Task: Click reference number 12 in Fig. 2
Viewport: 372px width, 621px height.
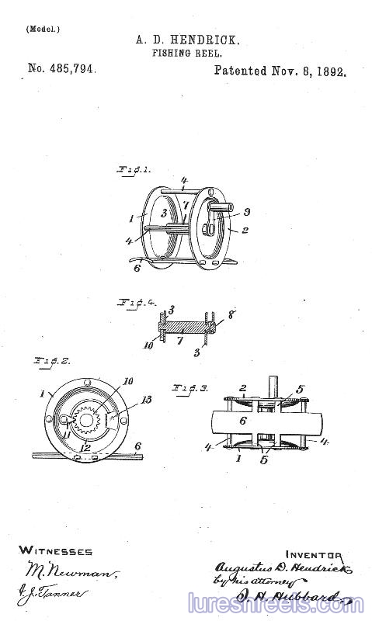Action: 85,447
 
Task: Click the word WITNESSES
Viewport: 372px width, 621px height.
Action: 55,551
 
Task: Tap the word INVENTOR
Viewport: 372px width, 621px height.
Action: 313,554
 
